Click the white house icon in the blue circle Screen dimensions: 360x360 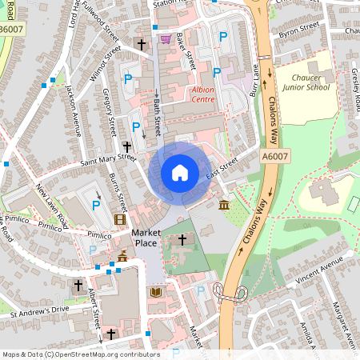click(180, 172)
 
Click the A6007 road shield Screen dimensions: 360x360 click(274, 158)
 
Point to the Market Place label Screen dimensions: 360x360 click(146, 237)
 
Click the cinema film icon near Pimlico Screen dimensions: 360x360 click(120, 219)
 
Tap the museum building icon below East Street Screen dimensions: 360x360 click(222, 206)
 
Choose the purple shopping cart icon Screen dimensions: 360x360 click(166, 38)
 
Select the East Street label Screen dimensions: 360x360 click(222, 169)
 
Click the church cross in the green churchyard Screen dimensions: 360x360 click(182, 239)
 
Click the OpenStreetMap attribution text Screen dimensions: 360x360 click(80, 354)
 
